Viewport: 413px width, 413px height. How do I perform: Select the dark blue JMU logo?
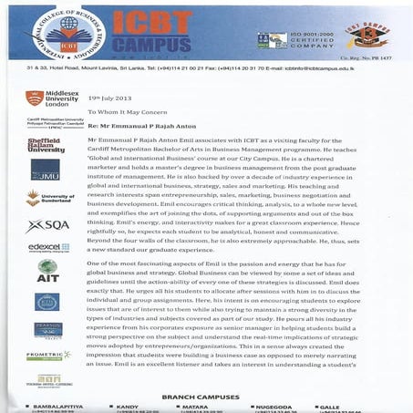point(46,170)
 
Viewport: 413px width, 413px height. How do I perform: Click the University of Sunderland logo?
point(46,198)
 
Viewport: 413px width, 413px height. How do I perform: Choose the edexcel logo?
point(44,247)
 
